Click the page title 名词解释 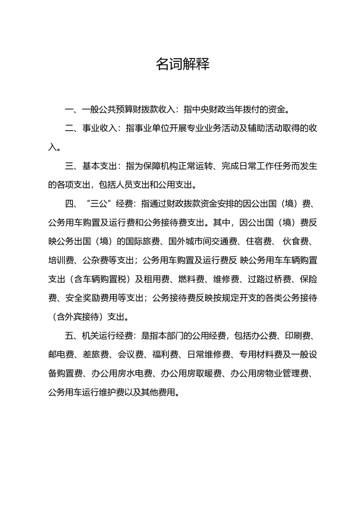pyautogui.click(x=182, y=64)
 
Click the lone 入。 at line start pyautogui.click(x=53, y=147)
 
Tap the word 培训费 pyautogui.click(x=61, y=260)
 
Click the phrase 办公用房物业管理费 pyautogui.click(x=270, y=373)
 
